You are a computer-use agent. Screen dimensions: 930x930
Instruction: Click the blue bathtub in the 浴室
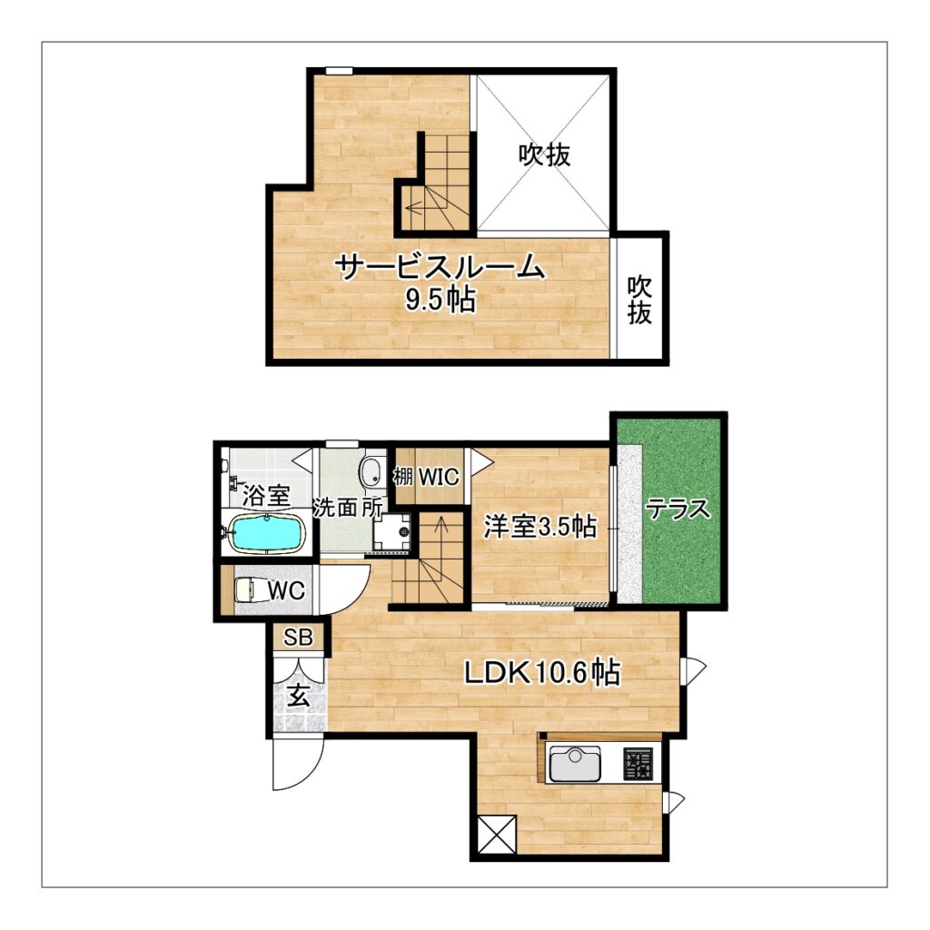(266, 532)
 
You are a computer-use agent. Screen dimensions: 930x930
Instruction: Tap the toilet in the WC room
(247, 590)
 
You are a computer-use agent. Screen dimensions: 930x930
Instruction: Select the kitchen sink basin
(575, 763)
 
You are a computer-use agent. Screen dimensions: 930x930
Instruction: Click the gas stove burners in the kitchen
(637, 764)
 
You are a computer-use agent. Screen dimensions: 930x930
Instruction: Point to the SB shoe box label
(298, 638)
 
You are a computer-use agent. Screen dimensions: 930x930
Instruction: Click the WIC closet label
(439, 476)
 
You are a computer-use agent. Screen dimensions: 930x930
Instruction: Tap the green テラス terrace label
(678, 509)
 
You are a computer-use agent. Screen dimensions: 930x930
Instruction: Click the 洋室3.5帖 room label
(539, 526)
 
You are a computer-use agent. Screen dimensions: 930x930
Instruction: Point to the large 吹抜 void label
(545, 154)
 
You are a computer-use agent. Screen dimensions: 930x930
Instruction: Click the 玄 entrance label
(299, 697)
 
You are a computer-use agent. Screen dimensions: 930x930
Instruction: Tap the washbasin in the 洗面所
(371, 471)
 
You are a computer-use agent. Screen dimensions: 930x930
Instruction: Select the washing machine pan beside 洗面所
(391, 532)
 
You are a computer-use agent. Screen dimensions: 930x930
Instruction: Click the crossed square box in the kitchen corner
(497, 835)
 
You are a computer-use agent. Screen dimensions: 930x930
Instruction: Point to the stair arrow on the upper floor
(422, 208)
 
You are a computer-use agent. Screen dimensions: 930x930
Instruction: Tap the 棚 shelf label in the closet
(403, 476)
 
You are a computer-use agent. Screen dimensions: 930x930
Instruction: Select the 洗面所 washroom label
(348, 508)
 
